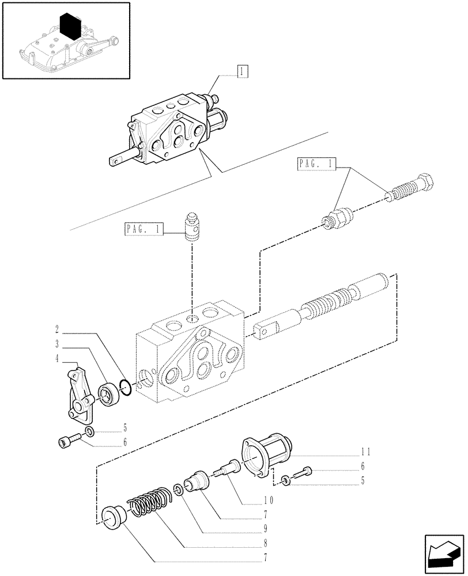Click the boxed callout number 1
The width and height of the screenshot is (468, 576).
point(242,71)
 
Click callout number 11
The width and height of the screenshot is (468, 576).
point(366,451)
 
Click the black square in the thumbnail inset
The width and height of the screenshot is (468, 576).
point(70,25)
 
